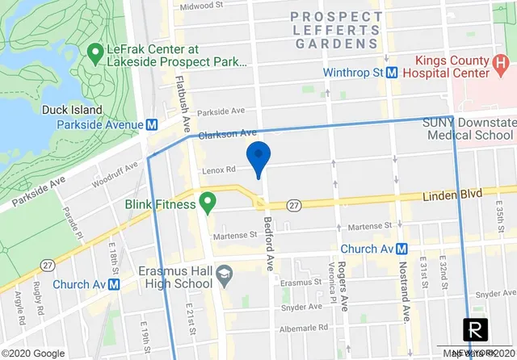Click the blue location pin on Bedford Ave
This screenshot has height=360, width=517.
257,156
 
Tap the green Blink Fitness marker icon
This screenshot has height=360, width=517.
208,200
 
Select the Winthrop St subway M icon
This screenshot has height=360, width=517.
391,73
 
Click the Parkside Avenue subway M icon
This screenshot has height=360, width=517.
150,124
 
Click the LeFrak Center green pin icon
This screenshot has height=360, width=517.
95,53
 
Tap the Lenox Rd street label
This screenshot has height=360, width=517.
218,170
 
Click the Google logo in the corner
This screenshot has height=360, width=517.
32,354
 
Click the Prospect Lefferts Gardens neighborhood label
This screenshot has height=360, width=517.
334,30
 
